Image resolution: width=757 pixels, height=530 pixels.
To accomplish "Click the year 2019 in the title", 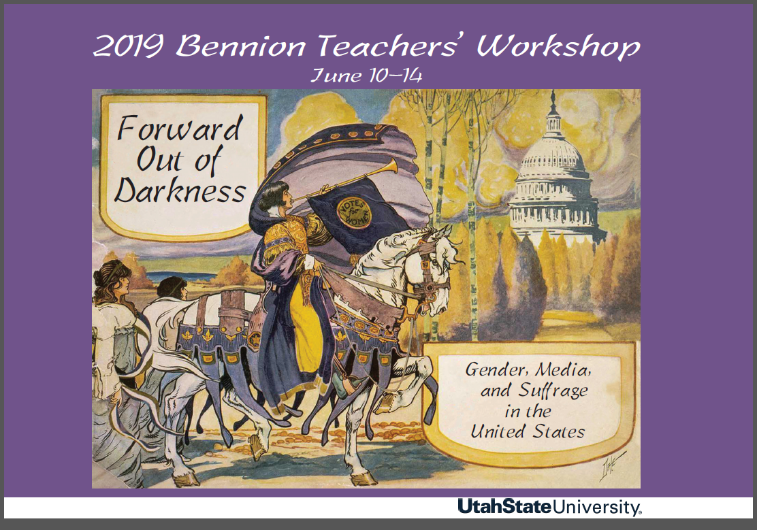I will tap(127, 47).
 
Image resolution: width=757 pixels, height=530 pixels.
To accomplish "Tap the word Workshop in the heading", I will tap(558, 47).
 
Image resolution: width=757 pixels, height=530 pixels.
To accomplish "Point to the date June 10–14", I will tap(366, 75).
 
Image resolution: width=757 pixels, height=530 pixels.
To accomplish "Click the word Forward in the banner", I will tap(180, 129).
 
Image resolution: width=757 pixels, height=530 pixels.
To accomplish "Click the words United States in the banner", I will tap(528, 431).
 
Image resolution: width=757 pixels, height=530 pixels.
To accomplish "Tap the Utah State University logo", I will tap(549, 507).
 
